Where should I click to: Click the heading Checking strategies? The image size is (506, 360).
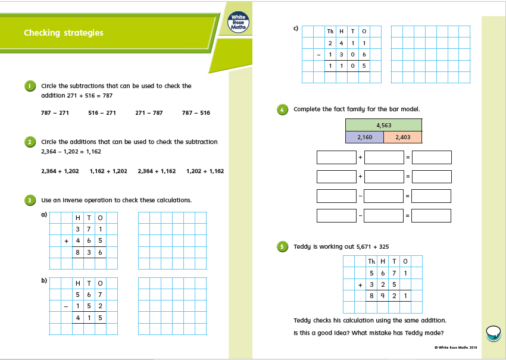click(64, 33)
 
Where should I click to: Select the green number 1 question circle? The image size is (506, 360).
click(30, 86)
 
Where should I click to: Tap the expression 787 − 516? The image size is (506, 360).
click(196, 112)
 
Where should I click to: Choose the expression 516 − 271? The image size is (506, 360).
click(102, 112)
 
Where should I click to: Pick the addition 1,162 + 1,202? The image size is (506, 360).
click(108, 171)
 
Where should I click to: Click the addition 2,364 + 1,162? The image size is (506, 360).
click(157, 171)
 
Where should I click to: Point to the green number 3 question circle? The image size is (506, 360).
click(30, 200)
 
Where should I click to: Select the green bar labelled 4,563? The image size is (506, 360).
click(383, 125)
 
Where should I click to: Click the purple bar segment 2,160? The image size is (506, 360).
click(364, 137)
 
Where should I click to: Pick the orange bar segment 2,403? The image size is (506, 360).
click(402, 137)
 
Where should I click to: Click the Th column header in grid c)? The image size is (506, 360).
click(330, 32)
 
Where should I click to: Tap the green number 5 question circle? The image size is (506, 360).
click(282, 246)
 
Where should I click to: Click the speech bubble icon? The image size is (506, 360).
click(493, 333)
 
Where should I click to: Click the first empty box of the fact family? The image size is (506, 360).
click(336, 158)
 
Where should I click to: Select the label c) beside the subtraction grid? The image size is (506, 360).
click(296, 28)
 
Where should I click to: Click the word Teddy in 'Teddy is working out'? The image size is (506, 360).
click(302, 246)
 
